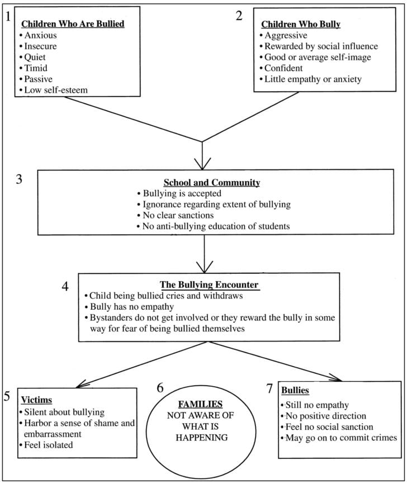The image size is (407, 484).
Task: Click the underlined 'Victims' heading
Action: tap(36, 400)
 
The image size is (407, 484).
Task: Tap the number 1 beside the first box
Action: tap(7, 16)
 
